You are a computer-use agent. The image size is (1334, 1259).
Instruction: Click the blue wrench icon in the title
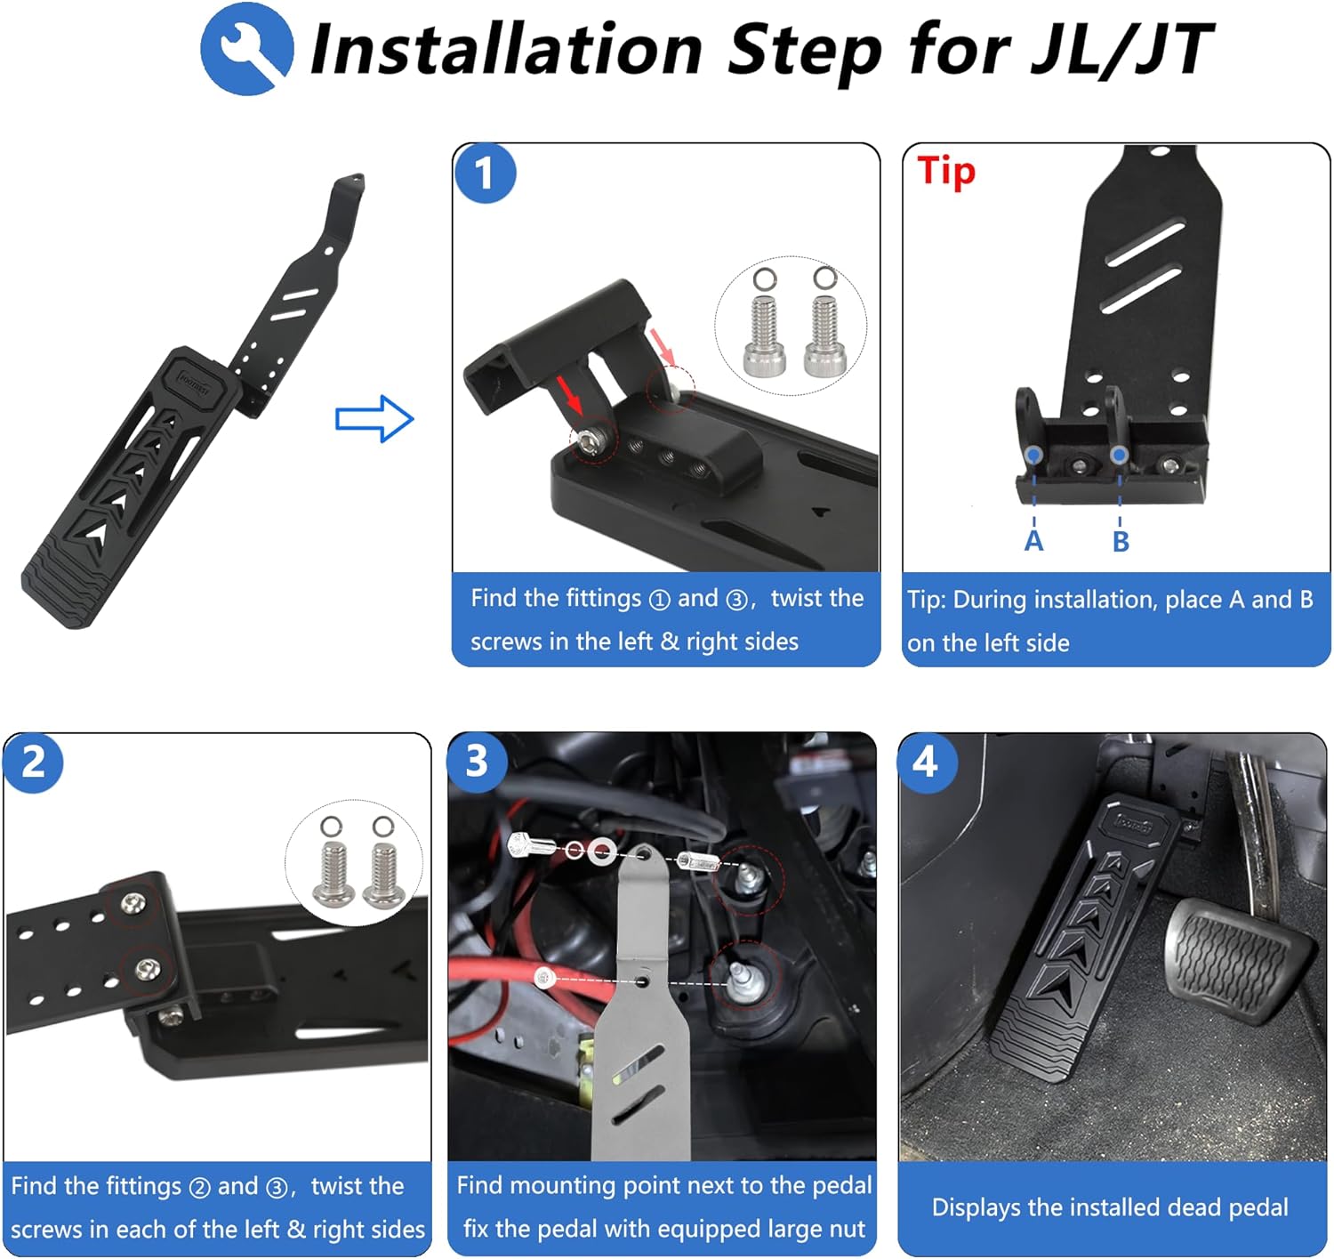click(x=246, y=49)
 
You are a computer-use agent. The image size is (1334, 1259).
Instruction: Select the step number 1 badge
click(x=485, y=173)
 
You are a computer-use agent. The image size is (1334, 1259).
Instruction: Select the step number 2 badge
click(x=34, y=763)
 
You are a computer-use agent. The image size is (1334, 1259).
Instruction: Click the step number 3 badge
click(x=478, y=761)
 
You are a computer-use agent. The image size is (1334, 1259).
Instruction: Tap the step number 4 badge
click(x=927, y=762)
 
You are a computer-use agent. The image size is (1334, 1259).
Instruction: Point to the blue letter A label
click(x=1033, y=540)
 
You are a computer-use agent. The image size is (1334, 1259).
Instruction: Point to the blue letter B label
click(x=1121, y=541)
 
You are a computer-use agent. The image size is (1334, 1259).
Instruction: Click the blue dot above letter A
click(x=1033, y=455)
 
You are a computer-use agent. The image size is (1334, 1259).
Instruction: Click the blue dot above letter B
click(x=1120, y=455)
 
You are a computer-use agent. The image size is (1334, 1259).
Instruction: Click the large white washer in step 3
click(x=600, y=851)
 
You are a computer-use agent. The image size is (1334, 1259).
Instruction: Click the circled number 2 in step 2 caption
click(x=200, y=1188)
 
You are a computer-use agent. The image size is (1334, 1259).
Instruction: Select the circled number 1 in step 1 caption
click(x=659, y=600)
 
